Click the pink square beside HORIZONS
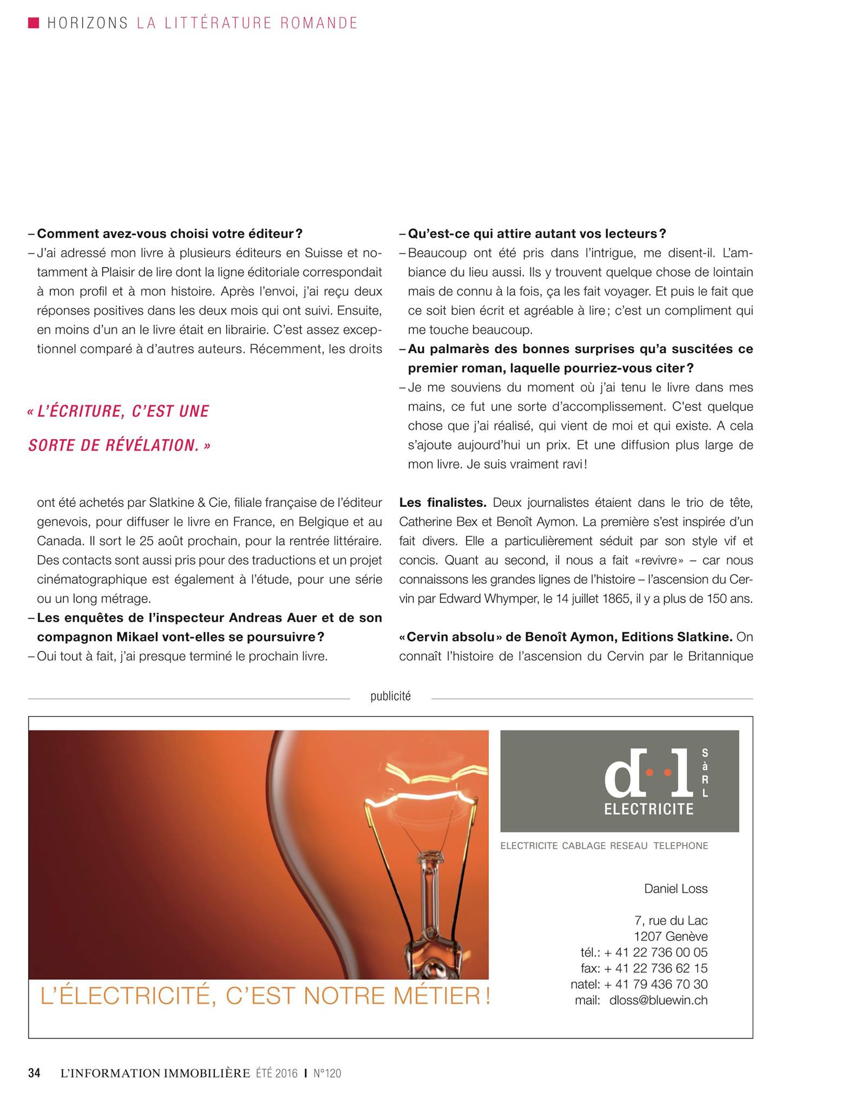(34, 22)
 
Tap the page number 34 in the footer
(35, 1073)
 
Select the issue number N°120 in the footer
(327, 1073)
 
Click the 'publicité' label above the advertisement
(390, 696)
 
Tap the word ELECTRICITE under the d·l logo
(648, 809)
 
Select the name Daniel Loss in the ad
(676, 889)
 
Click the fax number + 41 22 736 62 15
(655, 968)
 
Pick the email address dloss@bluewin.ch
(658, 1000)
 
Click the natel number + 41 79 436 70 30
(655, 984)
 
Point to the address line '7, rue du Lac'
(671, 921)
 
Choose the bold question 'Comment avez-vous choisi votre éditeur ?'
(169, 234)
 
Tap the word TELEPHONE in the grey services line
(680, 846)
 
